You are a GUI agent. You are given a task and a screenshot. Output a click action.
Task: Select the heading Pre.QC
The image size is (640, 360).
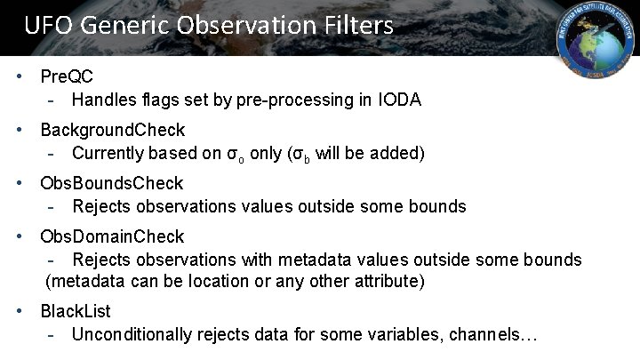pos(67,77)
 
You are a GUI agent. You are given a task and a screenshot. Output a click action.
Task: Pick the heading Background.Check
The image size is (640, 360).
pos(112,131)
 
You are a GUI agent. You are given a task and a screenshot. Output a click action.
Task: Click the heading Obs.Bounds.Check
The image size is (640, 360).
pos(111,184)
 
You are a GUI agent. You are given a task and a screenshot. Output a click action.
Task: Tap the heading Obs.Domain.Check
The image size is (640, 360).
pos(112,236)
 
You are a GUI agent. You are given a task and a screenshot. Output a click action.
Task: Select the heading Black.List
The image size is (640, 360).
pos(76,312)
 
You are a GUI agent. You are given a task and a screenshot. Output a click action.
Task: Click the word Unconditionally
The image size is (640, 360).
pos(132,335)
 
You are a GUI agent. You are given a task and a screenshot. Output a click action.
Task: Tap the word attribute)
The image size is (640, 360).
pos(388,282)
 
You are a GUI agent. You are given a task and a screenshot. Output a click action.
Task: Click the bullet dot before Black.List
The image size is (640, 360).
pos(20,312)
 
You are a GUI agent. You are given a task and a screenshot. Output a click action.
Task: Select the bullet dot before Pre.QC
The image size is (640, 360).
pos(20,77)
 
